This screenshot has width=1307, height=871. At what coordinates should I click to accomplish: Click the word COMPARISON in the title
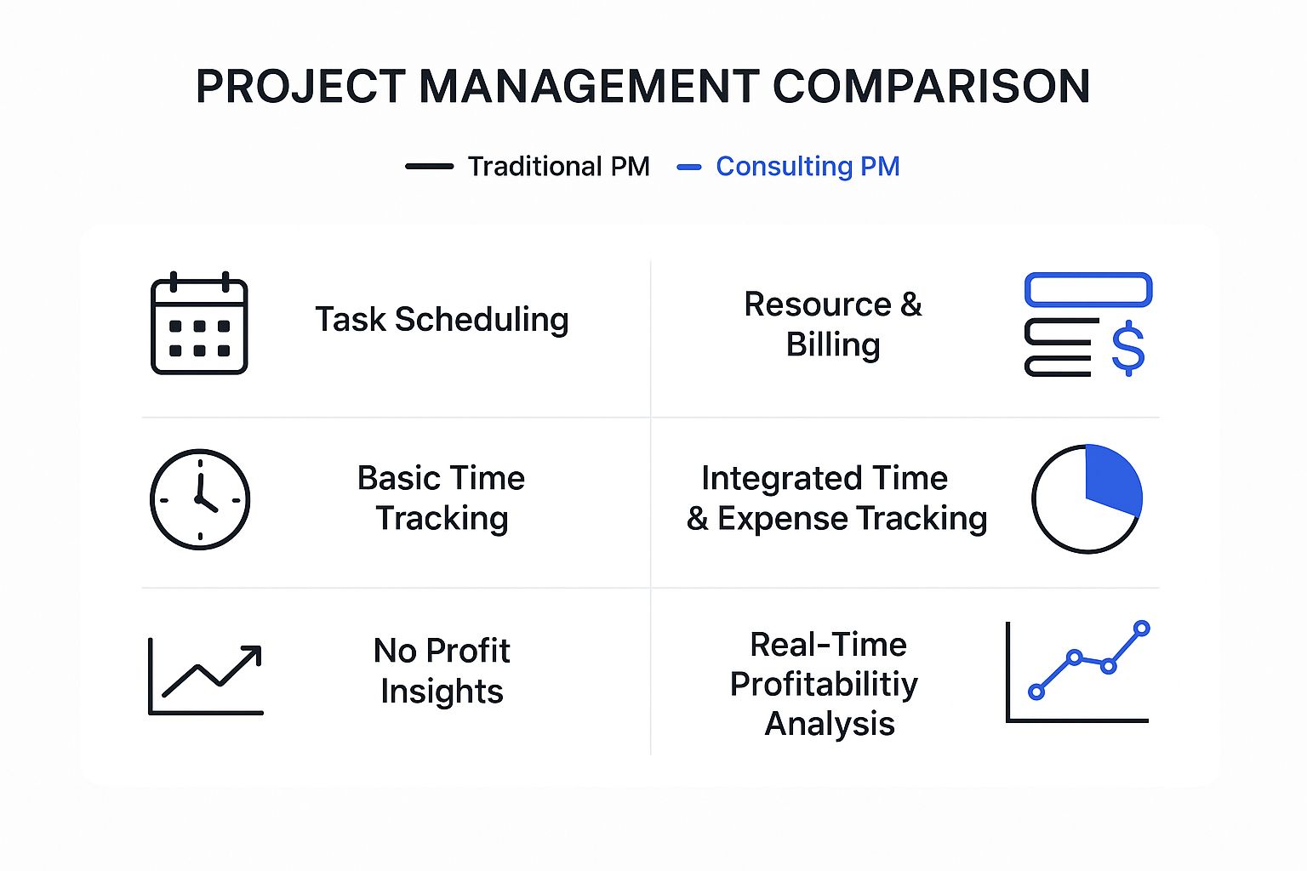tap(931, 87)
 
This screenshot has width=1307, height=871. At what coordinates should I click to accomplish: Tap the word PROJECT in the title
tap(300, 87)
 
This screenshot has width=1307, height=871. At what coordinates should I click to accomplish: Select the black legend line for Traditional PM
tap(430, 166)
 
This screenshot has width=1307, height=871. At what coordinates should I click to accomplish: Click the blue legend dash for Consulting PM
tap(688, 168)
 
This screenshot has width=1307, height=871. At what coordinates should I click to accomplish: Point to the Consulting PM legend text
tap(808, 166)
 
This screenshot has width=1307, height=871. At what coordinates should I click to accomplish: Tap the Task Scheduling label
tap(442, 320)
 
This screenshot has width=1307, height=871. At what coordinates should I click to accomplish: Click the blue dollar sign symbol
tap(1127, 348)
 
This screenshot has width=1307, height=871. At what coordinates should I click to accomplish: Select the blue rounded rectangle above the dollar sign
tap(1088, 289)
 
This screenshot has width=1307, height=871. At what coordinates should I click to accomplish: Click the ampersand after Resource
tap(910, 304)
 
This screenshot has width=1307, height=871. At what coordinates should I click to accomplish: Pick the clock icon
tap(200, 499)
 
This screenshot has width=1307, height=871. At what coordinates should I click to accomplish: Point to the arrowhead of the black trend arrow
tap(253, 653)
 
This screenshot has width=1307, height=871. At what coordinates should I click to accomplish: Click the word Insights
tap(442, 692)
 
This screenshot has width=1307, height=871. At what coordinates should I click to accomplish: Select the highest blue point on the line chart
tap(1142, 629)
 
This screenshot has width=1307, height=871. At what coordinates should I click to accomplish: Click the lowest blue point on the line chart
tap(1036, 692)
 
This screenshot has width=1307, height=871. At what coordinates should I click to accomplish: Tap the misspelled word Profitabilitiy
tap(824, 685)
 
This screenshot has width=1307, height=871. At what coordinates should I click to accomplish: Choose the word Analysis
tap(829, 724)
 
